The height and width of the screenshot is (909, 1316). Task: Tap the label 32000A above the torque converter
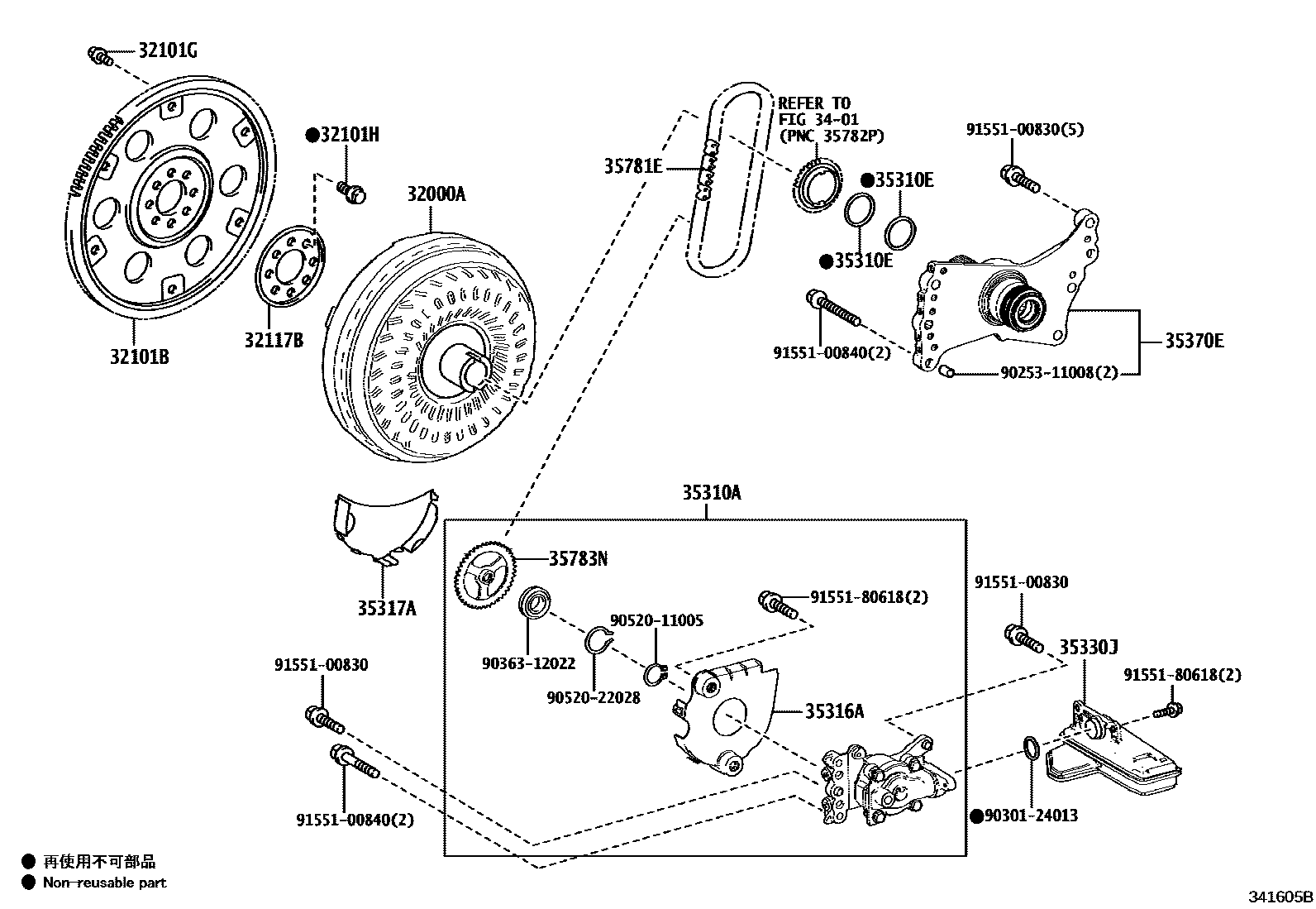436,194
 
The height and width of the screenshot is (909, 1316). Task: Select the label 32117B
274,340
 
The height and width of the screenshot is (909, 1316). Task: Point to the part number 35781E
633,166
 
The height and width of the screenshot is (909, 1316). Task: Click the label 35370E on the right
1194,341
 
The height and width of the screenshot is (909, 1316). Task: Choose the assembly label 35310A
712,492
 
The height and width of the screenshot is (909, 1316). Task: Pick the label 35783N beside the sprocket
578,558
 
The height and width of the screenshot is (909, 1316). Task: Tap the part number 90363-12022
529,663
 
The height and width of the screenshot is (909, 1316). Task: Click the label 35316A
834,710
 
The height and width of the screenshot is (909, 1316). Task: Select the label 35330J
1089,647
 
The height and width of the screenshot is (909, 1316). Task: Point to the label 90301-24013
1031,816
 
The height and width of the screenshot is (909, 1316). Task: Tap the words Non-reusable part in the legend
105,883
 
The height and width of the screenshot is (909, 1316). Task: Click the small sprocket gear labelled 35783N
485,576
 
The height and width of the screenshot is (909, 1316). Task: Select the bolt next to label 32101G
101,56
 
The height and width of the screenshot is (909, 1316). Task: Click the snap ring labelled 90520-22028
598,640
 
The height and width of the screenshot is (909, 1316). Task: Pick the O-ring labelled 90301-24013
1031,748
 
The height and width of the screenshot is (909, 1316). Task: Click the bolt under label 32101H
351,192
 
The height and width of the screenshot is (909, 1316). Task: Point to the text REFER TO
814,103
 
